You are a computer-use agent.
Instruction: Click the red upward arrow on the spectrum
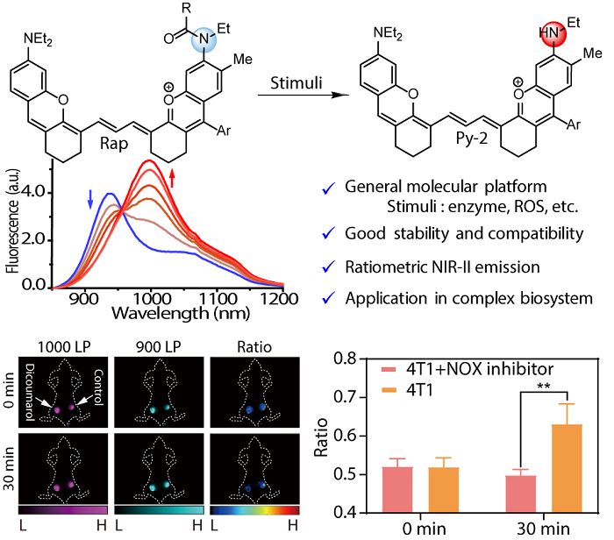click(172, 182)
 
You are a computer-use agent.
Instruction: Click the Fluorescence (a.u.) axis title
click(12, 224)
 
